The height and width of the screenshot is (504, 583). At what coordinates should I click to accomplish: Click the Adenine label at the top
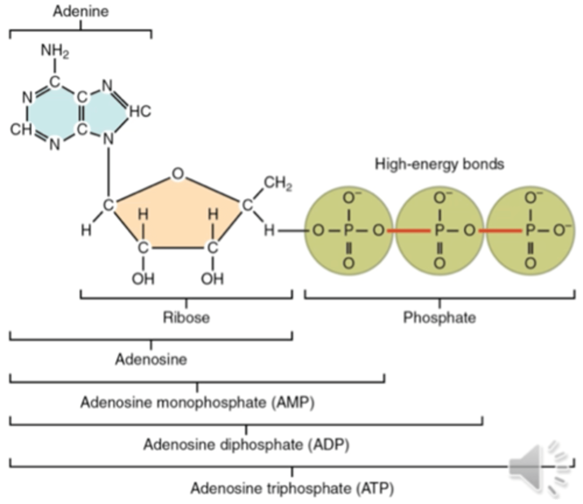click(81, 11)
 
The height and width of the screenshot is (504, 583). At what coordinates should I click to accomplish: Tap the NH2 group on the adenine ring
click(55, 51)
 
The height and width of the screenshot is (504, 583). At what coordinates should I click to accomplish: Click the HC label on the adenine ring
click(140, 111)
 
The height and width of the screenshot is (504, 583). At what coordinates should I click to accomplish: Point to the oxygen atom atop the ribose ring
click(178, 173)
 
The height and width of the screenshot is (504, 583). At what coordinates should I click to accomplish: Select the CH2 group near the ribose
click(278, 184)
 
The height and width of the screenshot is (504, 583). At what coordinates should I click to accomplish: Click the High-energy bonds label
click(439, 163)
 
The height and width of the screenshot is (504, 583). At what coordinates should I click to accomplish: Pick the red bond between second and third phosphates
click(500, 231)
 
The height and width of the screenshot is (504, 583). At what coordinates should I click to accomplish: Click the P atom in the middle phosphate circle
click(439, 231)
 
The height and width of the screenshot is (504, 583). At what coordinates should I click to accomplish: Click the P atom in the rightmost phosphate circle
click(530, 231)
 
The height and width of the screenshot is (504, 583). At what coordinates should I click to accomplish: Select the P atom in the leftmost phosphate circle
click(348, 231)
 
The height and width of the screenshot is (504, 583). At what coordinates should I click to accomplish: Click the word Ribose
click(186, 317)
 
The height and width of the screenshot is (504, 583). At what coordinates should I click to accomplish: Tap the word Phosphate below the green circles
click(439, 317)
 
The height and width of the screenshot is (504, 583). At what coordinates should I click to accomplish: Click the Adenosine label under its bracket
click(151, 360)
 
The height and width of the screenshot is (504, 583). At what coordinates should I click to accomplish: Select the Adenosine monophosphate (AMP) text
click(197, 402)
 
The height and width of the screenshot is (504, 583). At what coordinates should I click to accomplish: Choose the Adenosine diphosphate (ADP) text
click(246, 444)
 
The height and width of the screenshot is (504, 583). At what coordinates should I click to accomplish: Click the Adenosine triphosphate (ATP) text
click(292, 488)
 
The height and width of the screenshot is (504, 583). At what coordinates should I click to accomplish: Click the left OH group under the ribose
click(143, 278)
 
